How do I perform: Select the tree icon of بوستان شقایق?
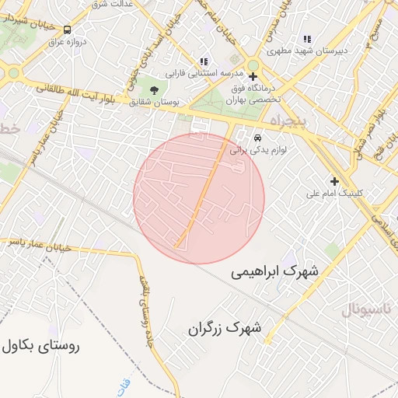pos(152,90)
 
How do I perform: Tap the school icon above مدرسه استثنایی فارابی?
pos(204,61)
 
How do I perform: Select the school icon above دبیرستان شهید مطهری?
pos(306,38)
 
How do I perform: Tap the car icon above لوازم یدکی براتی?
pos(257,140)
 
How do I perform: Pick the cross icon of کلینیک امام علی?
pos(334,180)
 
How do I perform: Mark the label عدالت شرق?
pos(113,4)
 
